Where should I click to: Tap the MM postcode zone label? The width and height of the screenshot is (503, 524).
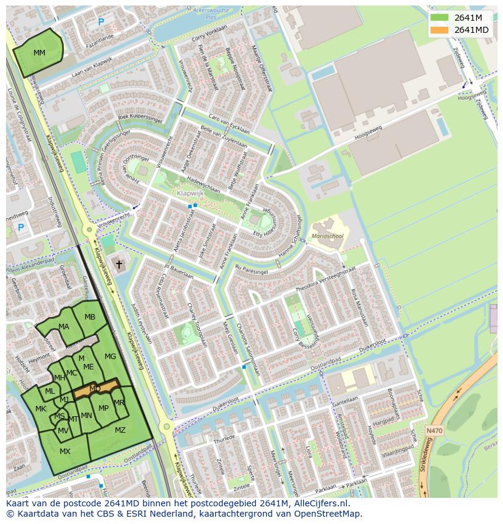pyautogui.click(x=39, y=53)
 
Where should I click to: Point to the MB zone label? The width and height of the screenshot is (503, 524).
pyautogui.click(x=90, y=317)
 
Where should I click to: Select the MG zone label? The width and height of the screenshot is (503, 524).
pyautogui.click(x=110, y=357)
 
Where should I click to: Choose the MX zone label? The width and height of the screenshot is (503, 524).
pyautogui.click(x=65, y=451)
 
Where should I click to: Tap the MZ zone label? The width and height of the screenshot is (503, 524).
pyautogui.click(x=120, y=430)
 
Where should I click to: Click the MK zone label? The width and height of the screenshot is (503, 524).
pyautogui.click(x=41, y=409)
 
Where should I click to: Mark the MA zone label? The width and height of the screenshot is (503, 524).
pyautogui.click(x=64, y=327)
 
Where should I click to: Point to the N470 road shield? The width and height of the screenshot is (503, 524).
pyautogui.click(x=434, y=431)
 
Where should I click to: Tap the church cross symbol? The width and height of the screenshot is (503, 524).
pyautogui.click(x=119, y=264)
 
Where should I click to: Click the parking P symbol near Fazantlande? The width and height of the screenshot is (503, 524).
pyautogui.click(x=101, y=22)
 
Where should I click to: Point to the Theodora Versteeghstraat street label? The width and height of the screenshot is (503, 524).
pyautogui.click(x=325, y=281)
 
